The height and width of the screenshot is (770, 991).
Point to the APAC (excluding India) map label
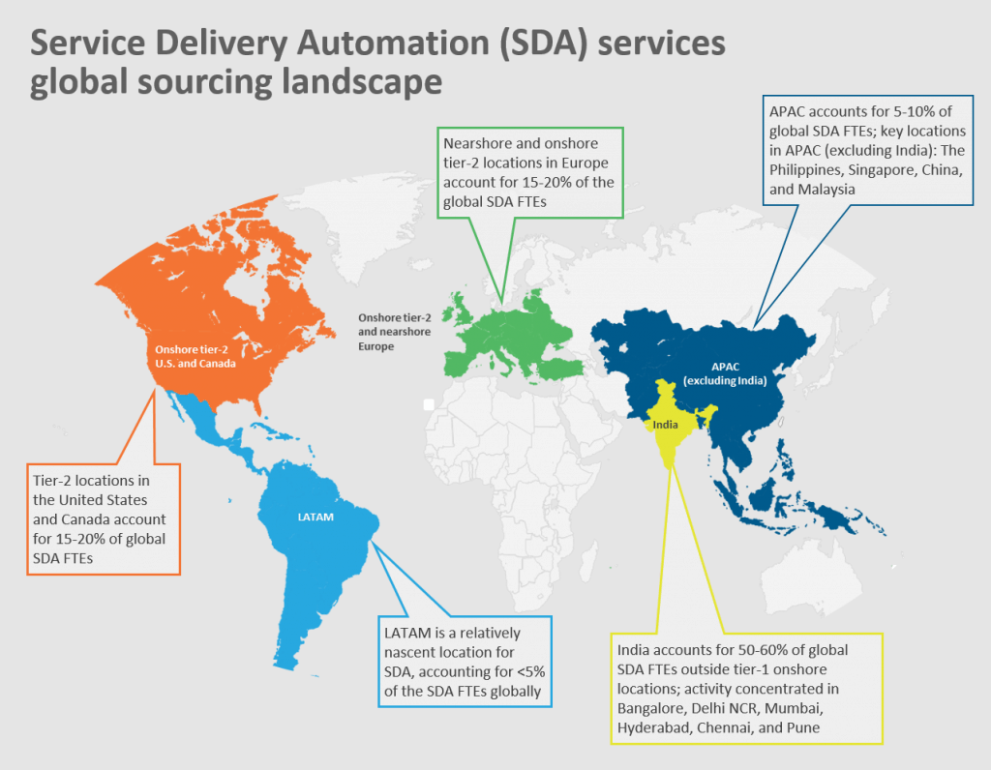(x=725, y=372)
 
